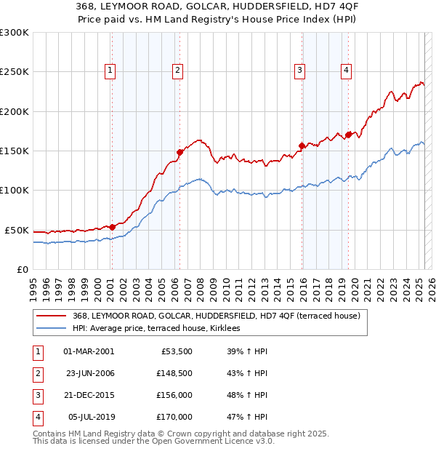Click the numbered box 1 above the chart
point(110,71)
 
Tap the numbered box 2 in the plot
point(177,71)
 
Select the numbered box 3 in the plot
point(299,71)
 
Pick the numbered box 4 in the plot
point(347,71)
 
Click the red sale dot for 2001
point(113,227)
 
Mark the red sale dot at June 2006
point(180,152)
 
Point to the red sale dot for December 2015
point(302,146)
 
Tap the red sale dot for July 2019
point(348,135)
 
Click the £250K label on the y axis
point(14,72)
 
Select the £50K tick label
point(17,230)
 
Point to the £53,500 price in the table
point(177,351)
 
